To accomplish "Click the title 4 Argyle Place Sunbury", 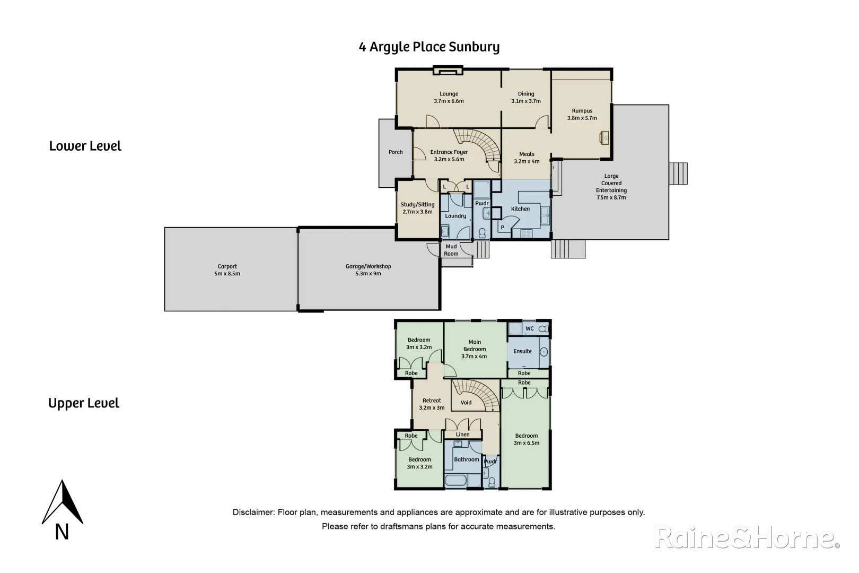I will [x=429, y=47].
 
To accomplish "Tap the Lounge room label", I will [x=449, y=98].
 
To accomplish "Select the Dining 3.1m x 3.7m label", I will [x=526, y=98].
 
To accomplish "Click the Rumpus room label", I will [x=582, y=115].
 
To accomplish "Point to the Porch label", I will [x=396, y=152].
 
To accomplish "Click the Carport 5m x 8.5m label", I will [x=227, y=270].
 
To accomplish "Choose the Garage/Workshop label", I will [x=368, y=270].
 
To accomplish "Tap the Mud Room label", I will [x=451, y=250].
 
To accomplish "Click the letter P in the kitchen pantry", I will [x=503, y=228].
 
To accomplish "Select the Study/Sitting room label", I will [x=417, y=208].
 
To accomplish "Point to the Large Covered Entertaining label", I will [x=611, y=187].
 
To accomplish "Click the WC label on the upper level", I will [x=529, y=329].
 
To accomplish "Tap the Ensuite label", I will [x=522, y=351].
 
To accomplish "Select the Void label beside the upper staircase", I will [x=466, y=403].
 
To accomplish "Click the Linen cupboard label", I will [x=462, y=435].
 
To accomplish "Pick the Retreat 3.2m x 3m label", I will [x=432, y=404].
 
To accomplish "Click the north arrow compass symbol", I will [x=63, y=504].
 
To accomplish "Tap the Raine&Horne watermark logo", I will [x=747, y=538].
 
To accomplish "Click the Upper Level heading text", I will [x=84, y=403].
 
